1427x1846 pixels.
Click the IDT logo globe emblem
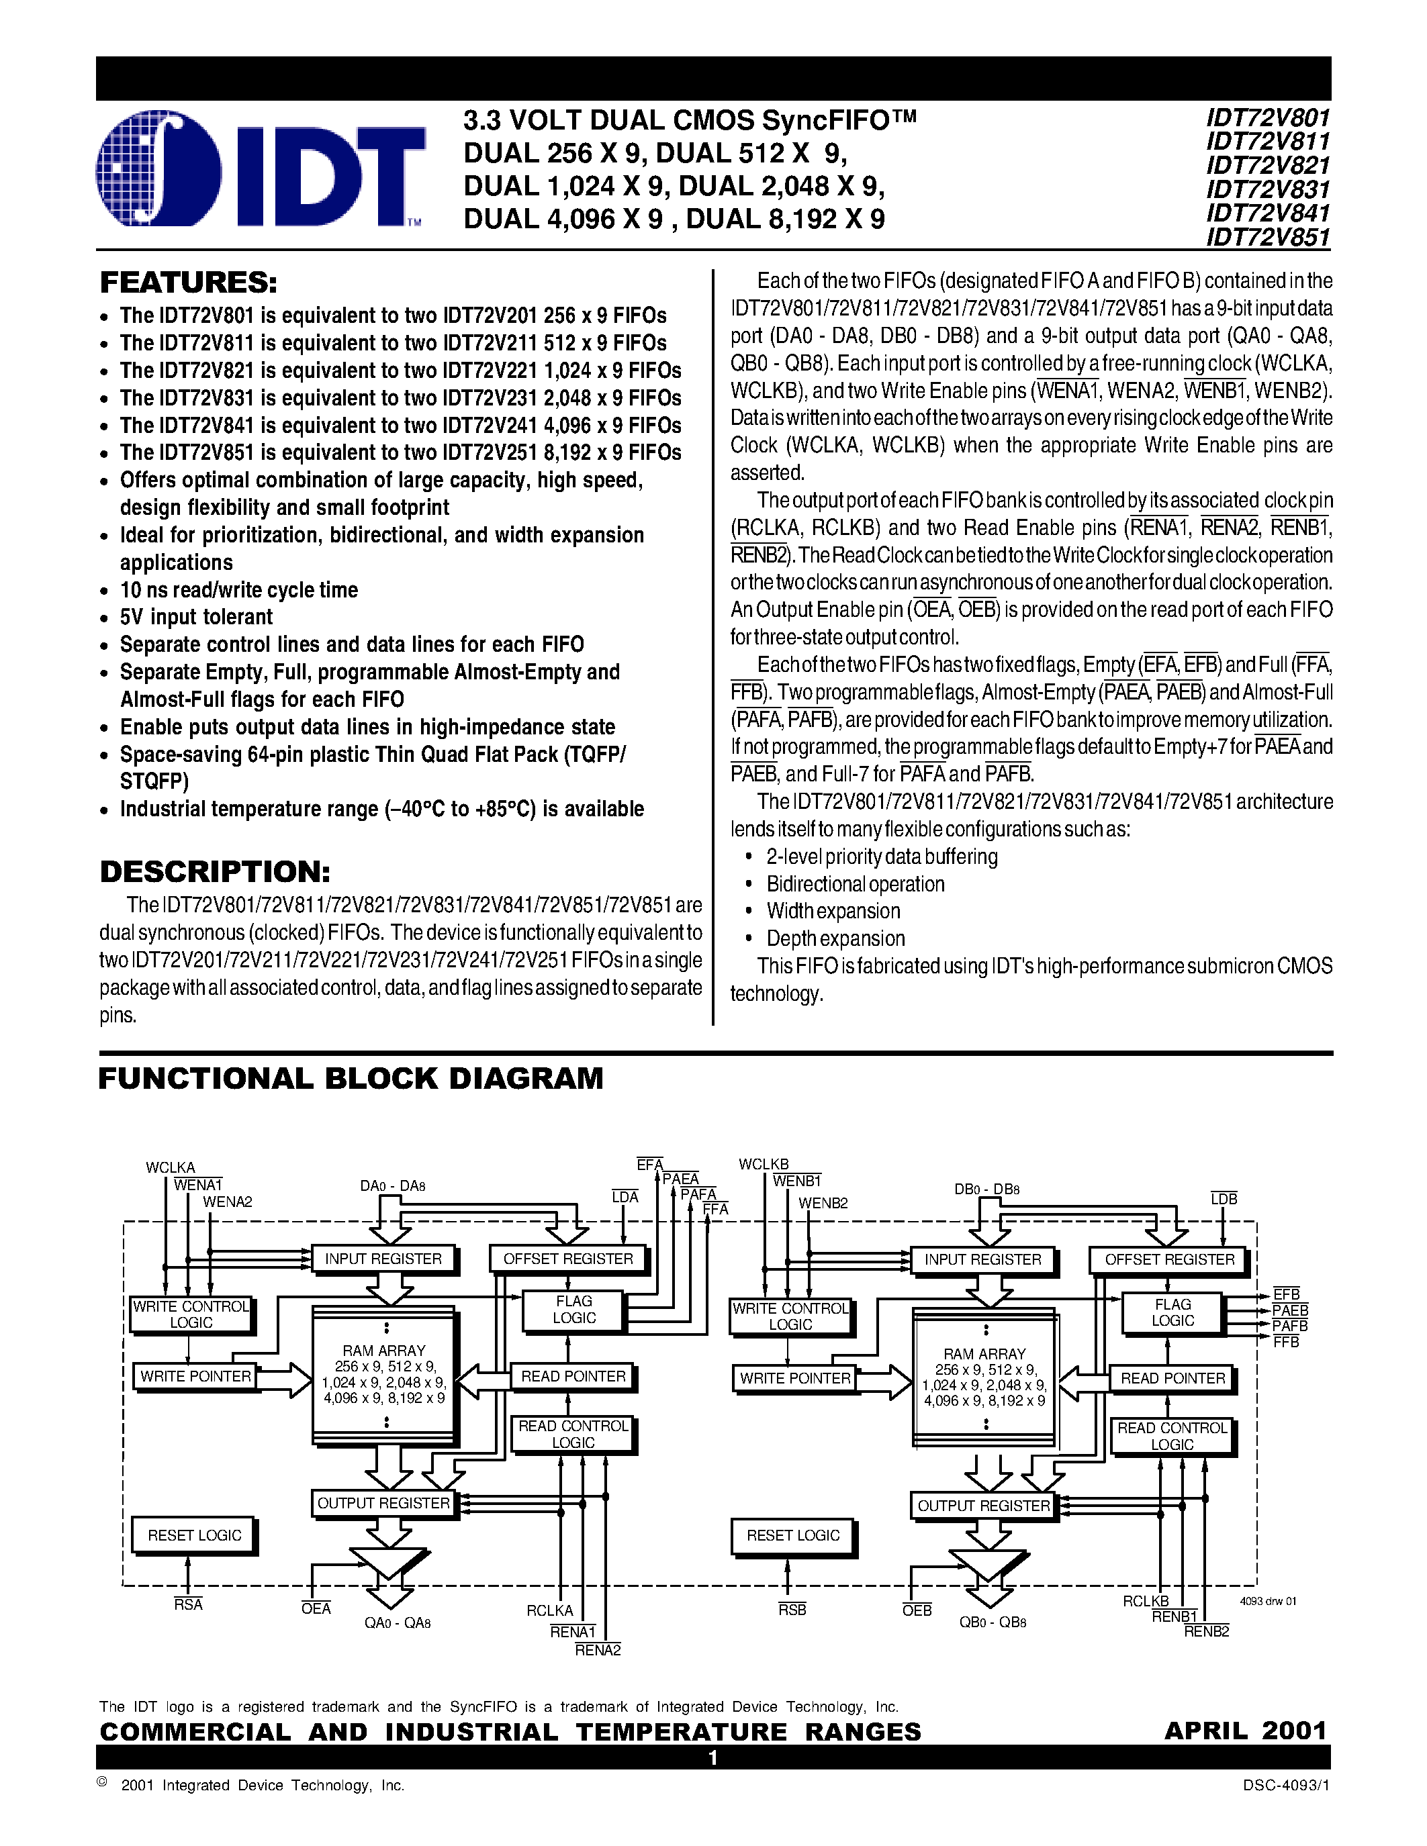pos(159,169)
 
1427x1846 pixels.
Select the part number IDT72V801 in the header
pos(1268,117)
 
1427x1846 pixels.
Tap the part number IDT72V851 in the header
pos(1268,238)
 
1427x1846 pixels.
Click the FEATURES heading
pos(189,283)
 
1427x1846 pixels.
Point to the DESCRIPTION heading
pos(215,871)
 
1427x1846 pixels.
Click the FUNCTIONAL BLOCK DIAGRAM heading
pos(351,1079)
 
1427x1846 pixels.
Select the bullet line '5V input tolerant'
pos(196,617)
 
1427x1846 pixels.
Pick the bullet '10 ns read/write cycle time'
pos(238,590)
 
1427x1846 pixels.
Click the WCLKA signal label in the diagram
pos(170,1167)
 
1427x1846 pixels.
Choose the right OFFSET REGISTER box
pos(1169,1259)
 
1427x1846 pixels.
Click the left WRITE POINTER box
pos(195,1377)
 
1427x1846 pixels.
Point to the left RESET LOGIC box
pos(195,1536)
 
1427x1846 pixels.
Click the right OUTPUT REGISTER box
pos(983,1506)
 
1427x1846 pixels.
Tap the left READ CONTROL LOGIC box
pos(573,1435)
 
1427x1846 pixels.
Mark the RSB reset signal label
pos(792,1609)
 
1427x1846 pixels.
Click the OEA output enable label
pos(316,1608)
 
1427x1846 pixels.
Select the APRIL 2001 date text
pos(1245,1730)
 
